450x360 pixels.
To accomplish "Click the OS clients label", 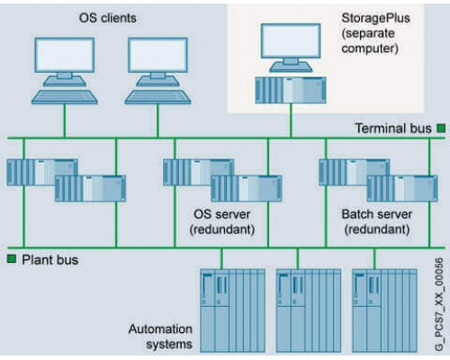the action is pos(107,18).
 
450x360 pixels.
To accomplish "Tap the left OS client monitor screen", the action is pos(65,55).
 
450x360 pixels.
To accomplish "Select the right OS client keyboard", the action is pos(157,97).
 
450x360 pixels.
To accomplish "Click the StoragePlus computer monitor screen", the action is pos(291,40).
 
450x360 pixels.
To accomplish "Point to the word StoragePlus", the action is pos(375,18).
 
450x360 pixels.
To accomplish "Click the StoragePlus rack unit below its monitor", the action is pos(291,90).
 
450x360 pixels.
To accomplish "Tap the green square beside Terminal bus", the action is pos(441,129).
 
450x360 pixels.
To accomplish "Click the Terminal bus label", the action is pos(393,129).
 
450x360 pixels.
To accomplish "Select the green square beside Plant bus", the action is pos(12,259).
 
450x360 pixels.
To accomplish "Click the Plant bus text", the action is pos(50,260).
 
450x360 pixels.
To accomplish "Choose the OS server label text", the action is pos(222,214).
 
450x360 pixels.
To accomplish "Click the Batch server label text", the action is pos(377,214).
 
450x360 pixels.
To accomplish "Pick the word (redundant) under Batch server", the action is pos(377,229).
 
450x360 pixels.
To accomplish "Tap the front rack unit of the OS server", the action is pos(247,188).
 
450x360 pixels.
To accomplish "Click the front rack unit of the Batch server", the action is pos(402,188).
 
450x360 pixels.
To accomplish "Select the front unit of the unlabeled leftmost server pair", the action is pos(90,188).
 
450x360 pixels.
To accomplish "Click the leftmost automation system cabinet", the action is pos(233,310).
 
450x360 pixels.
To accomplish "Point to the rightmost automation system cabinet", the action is pos(385,310).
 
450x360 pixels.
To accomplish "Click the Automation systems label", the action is pos(160,337).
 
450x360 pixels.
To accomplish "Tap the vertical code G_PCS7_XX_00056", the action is pos(439,304).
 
